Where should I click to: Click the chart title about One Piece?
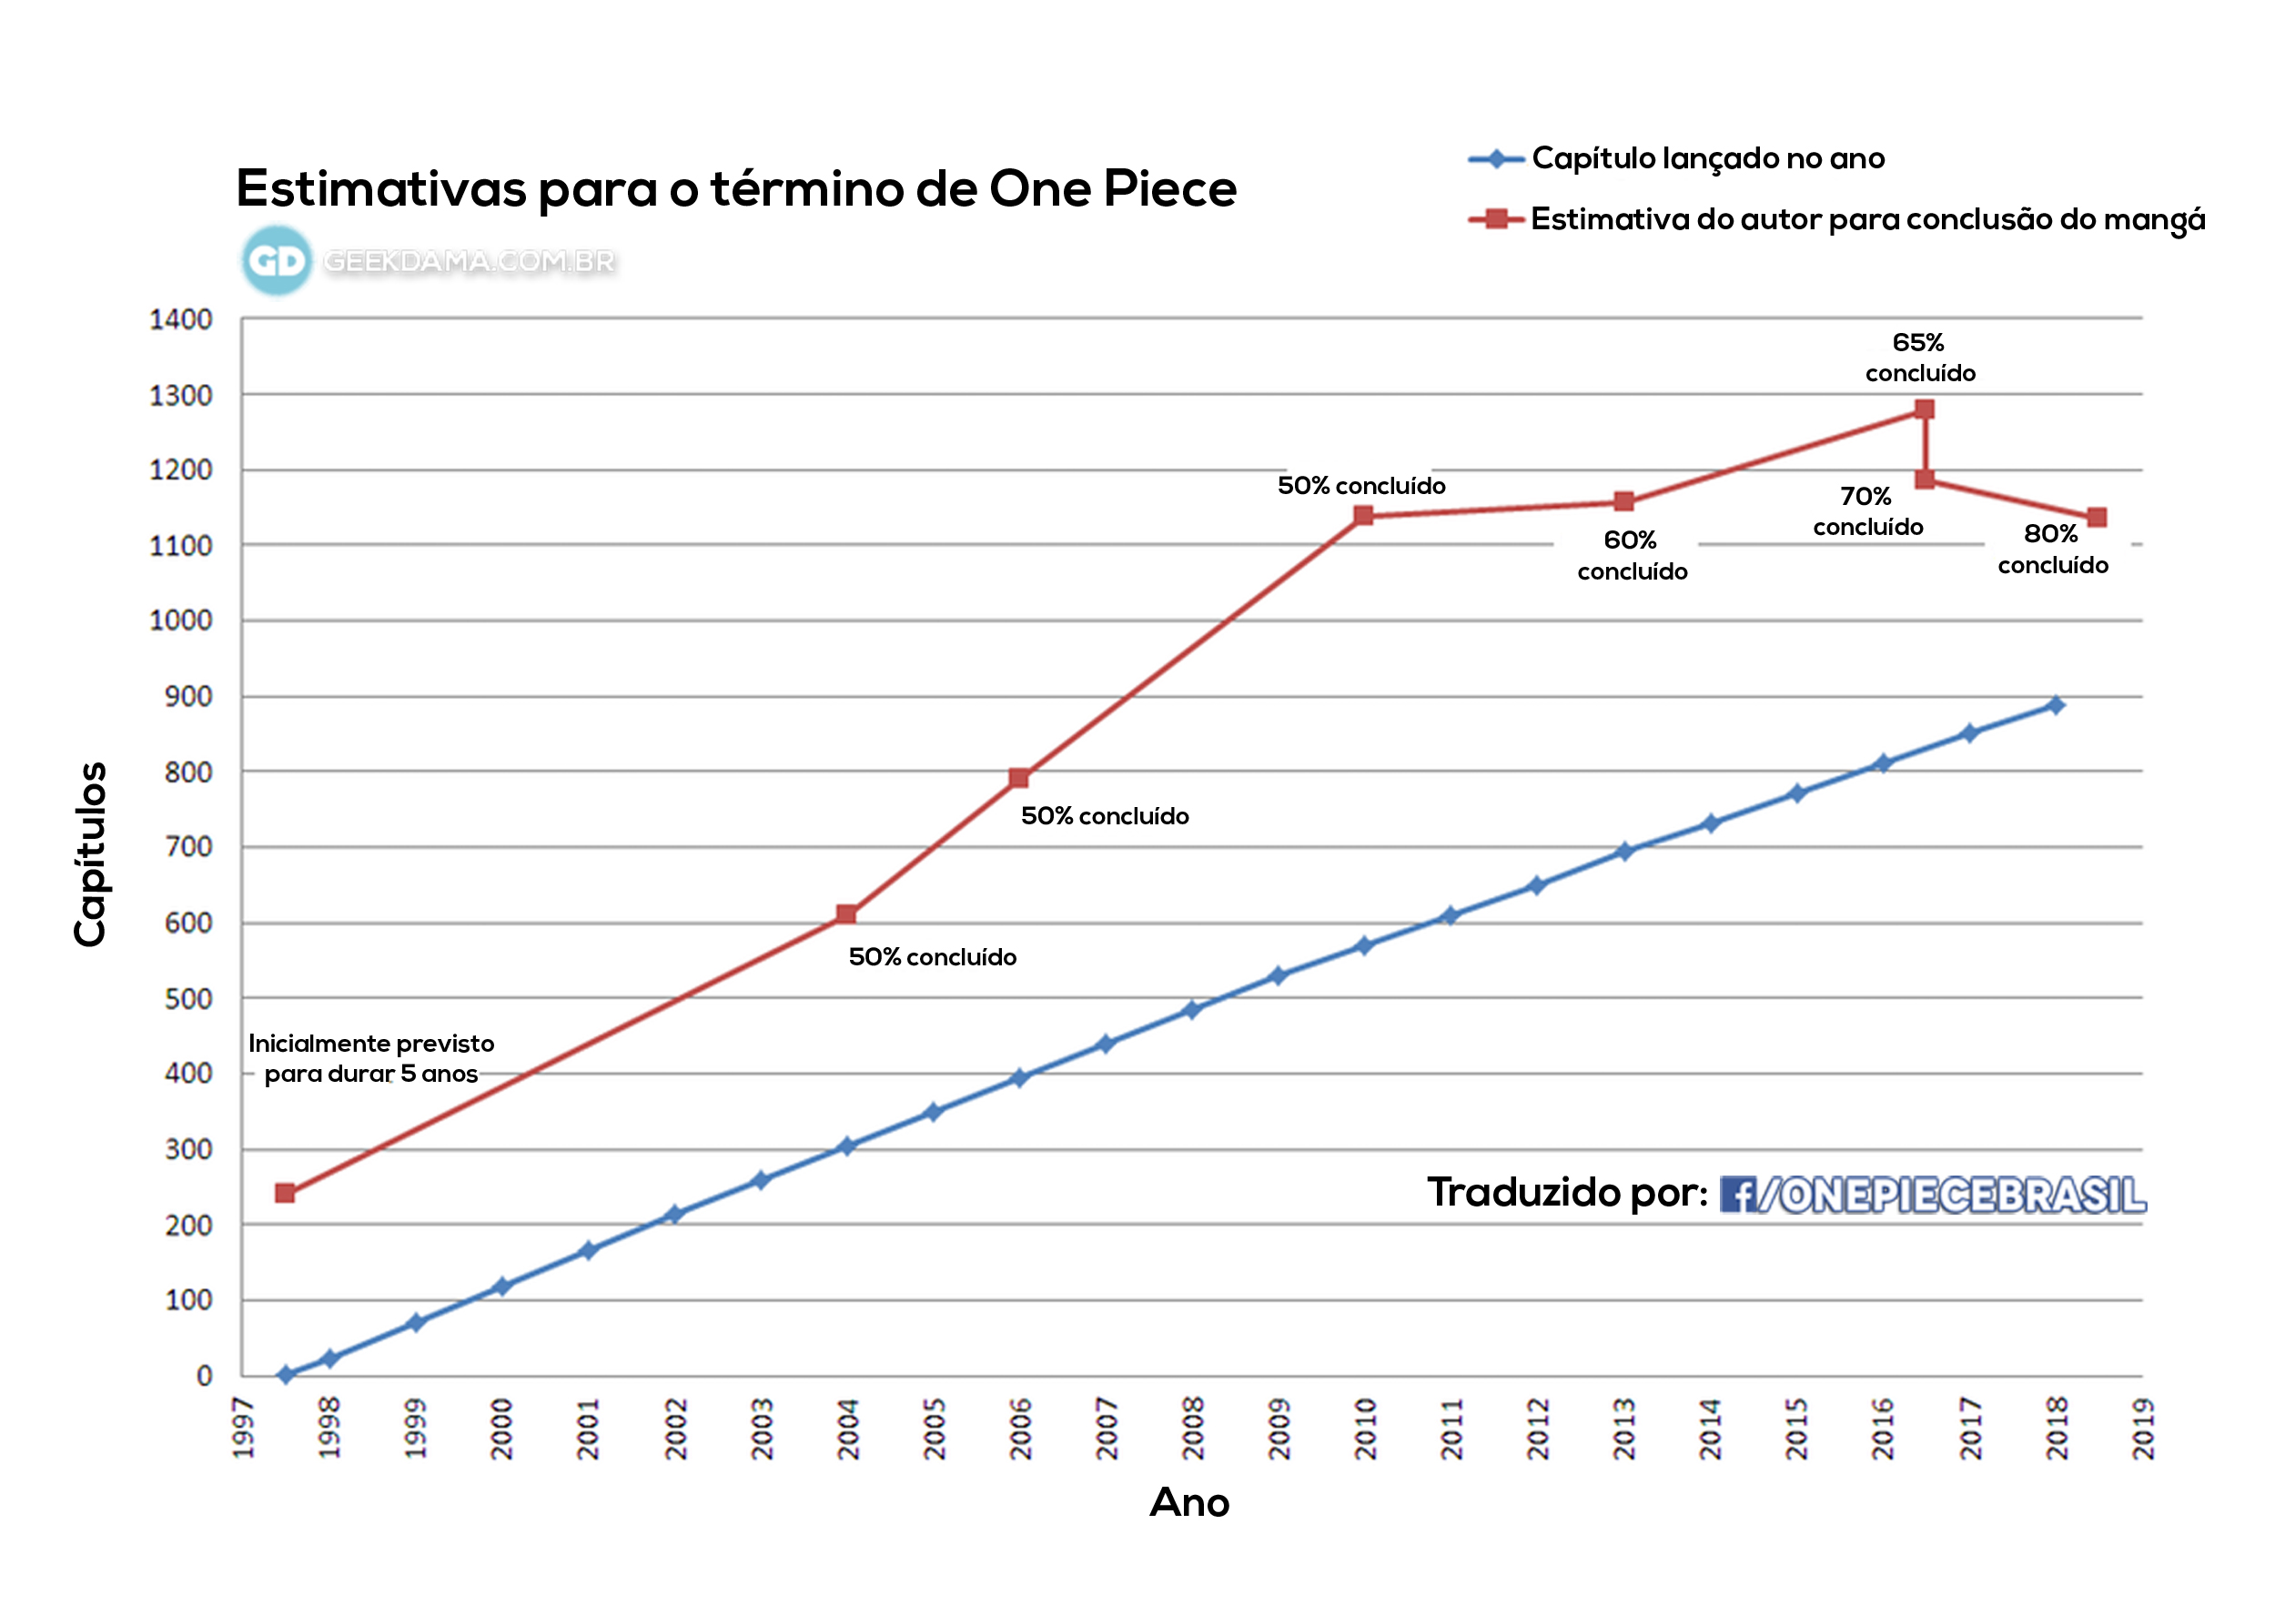tap(736, 189)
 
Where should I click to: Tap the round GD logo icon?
tap(277, 260)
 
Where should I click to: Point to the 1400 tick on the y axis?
tap(180, 320)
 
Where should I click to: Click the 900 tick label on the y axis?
tap(188, 697)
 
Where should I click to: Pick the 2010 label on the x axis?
tap(1365, 1428)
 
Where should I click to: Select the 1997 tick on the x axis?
tap(244, 1428)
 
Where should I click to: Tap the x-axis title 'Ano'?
tap(1189, 1502)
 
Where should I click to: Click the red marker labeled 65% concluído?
tap(1924, 409)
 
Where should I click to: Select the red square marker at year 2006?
tap(1018, 778)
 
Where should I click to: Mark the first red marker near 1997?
tap(284, 1192)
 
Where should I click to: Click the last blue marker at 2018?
tap(2056, 705)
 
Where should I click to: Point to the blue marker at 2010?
tap(1364, 945)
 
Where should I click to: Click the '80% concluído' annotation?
tap(2052, 549)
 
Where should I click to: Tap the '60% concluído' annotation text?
tap(1632, 556)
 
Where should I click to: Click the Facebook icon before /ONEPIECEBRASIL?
tap(1737, 1195)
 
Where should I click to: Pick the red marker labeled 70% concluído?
tap(1925, 479)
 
